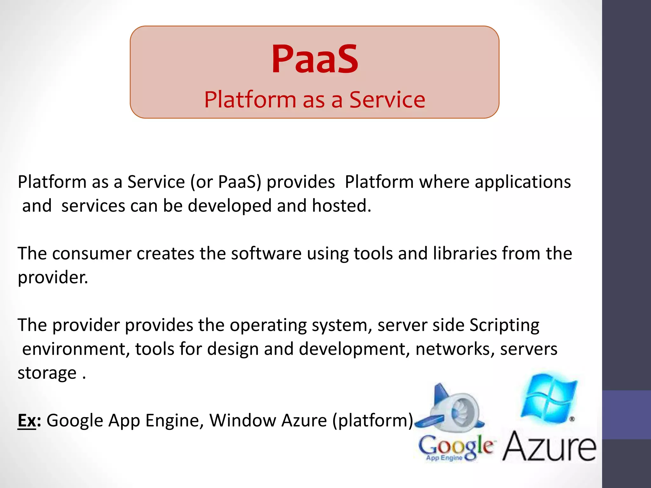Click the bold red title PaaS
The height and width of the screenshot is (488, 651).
[315, 59]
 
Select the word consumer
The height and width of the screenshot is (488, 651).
[92, 254]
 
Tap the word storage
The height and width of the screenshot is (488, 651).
[47, 373]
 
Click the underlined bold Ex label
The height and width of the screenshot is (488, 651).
[27, 421]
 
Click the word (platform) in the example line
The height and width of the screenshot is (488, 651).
[373, 421]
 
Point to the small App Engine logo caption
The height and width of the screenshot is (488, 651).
[444, 458]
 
